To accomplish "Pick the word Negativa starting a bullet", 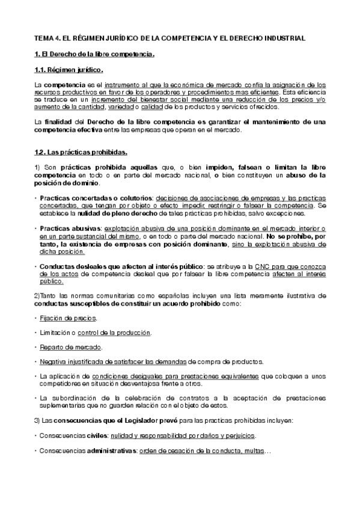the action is [53, 362].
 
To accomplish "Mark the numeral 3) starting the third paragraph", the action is [37, 420].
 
